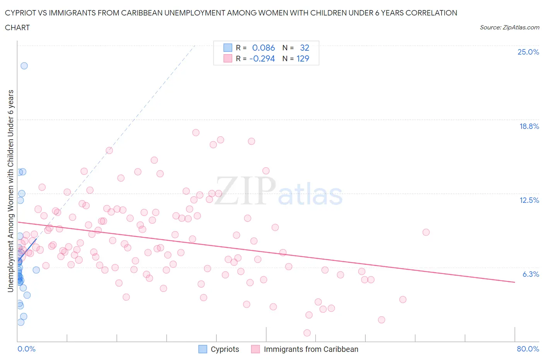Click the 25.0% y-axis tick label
pos(528,52)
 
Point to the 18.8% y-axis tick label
pos(529,126)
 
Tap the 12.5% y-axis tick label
pos(529,200)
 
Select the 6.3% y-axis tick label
pos(530,274)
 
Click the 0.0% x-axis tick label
pos(26,349)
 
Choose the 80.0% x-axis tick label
pos(528,349)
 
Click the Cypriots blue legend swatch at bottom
pos(203,349)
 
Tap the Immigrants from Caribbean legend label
pos(311,349)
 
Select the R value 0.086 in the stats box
pos(263,48)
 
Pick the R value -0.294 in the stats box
pos(262,58)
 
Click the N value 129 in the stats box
pos(303,58)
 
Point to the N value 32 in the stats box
pos(305,48)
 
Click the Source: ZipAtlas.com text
pos(509,27)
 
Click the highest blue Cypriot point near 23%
pos(24,66)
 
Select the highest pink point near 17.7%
pos(196,132)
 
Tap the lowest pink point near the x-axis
pos(307,333)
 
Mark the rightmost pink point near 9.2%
pos(426,232)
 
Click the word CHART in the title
pos(17,27)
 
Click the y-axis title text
pos(10,191)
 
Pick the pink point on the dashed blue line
pos(109,151)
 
